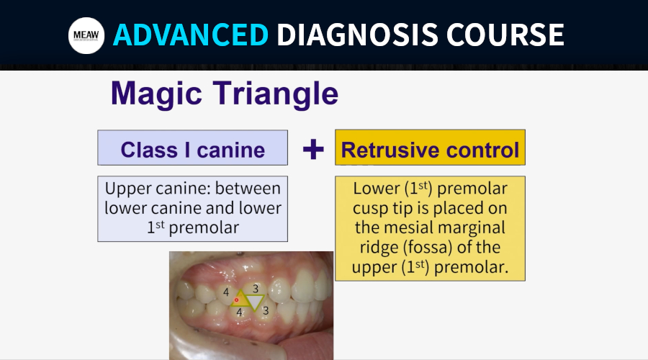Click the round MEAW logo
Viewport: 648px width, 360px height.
point(86,35)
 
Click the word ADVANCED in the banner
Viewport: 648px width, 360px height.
point(191,35)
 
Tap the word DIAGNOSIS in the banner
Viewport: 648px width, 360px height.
point(357,35)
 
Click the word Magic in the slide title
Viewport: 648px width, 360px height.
point(157,94)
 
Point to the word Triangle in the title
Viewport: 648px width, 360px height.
point(276,94)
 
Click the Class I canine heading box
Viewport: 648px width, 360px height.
point(192,148)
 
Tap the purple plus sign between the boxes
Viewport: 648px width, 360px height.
point(313,149)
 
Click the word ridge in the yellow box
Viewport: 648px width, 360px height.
point(378,248)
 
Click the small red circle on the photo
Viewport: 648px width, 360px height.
point(236,300)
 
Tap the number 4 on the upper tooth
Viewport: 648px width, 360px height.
point(226,292)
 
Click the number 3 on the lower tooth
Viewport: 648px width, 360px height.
point(266,310)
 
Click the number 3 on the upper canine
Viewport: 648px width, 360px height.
point(256,289)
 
